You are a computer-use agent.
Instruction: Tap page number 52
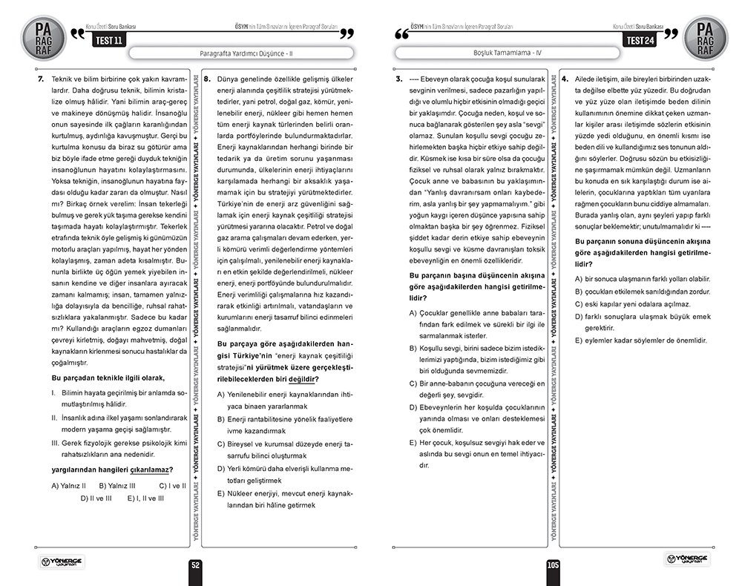pos(196,565)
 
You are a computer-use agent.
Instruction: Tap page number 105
pos(553,565)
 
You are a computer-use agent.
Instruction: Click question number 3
pos(398,79)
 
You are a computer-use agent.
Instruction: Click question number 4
pos(565,79)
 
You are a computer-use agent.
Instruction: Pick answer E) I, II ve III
pos(145,498)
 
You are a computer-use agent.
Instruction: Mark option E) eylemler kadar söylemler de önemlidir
pos(641,340)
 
